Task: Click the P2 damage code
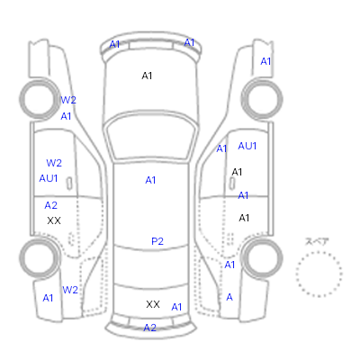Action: pos(157,241)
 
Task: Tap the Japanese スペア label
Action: pos(317,241)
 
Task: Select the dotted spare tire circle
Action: pos(319,274)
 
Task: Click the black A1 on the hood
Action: pos(147,76)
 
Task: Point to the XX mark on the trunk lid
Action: pos(153,304)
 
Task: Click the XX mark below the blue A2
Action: pos(54,220)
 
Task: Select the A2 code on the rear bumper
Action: pos(150,328)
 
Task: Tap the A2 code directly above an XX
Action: pos(50,205)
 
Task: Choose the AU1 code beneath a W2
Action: pos(49,178)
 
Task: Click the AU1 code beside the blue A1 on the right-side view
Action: pos(247,146)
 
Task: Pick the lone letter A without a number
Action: pos(229,297)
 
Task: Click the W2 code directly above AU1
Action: pos(54,163)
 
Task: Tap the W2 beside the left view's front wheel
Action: pos(68,100)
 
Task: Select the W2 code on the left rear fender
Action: pos(70,290)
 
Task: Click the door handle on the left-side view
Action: pos(69,184)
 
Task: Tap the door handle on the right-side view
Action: pos(232,183)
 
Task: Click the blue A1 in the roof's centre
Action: pos(150,180)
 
